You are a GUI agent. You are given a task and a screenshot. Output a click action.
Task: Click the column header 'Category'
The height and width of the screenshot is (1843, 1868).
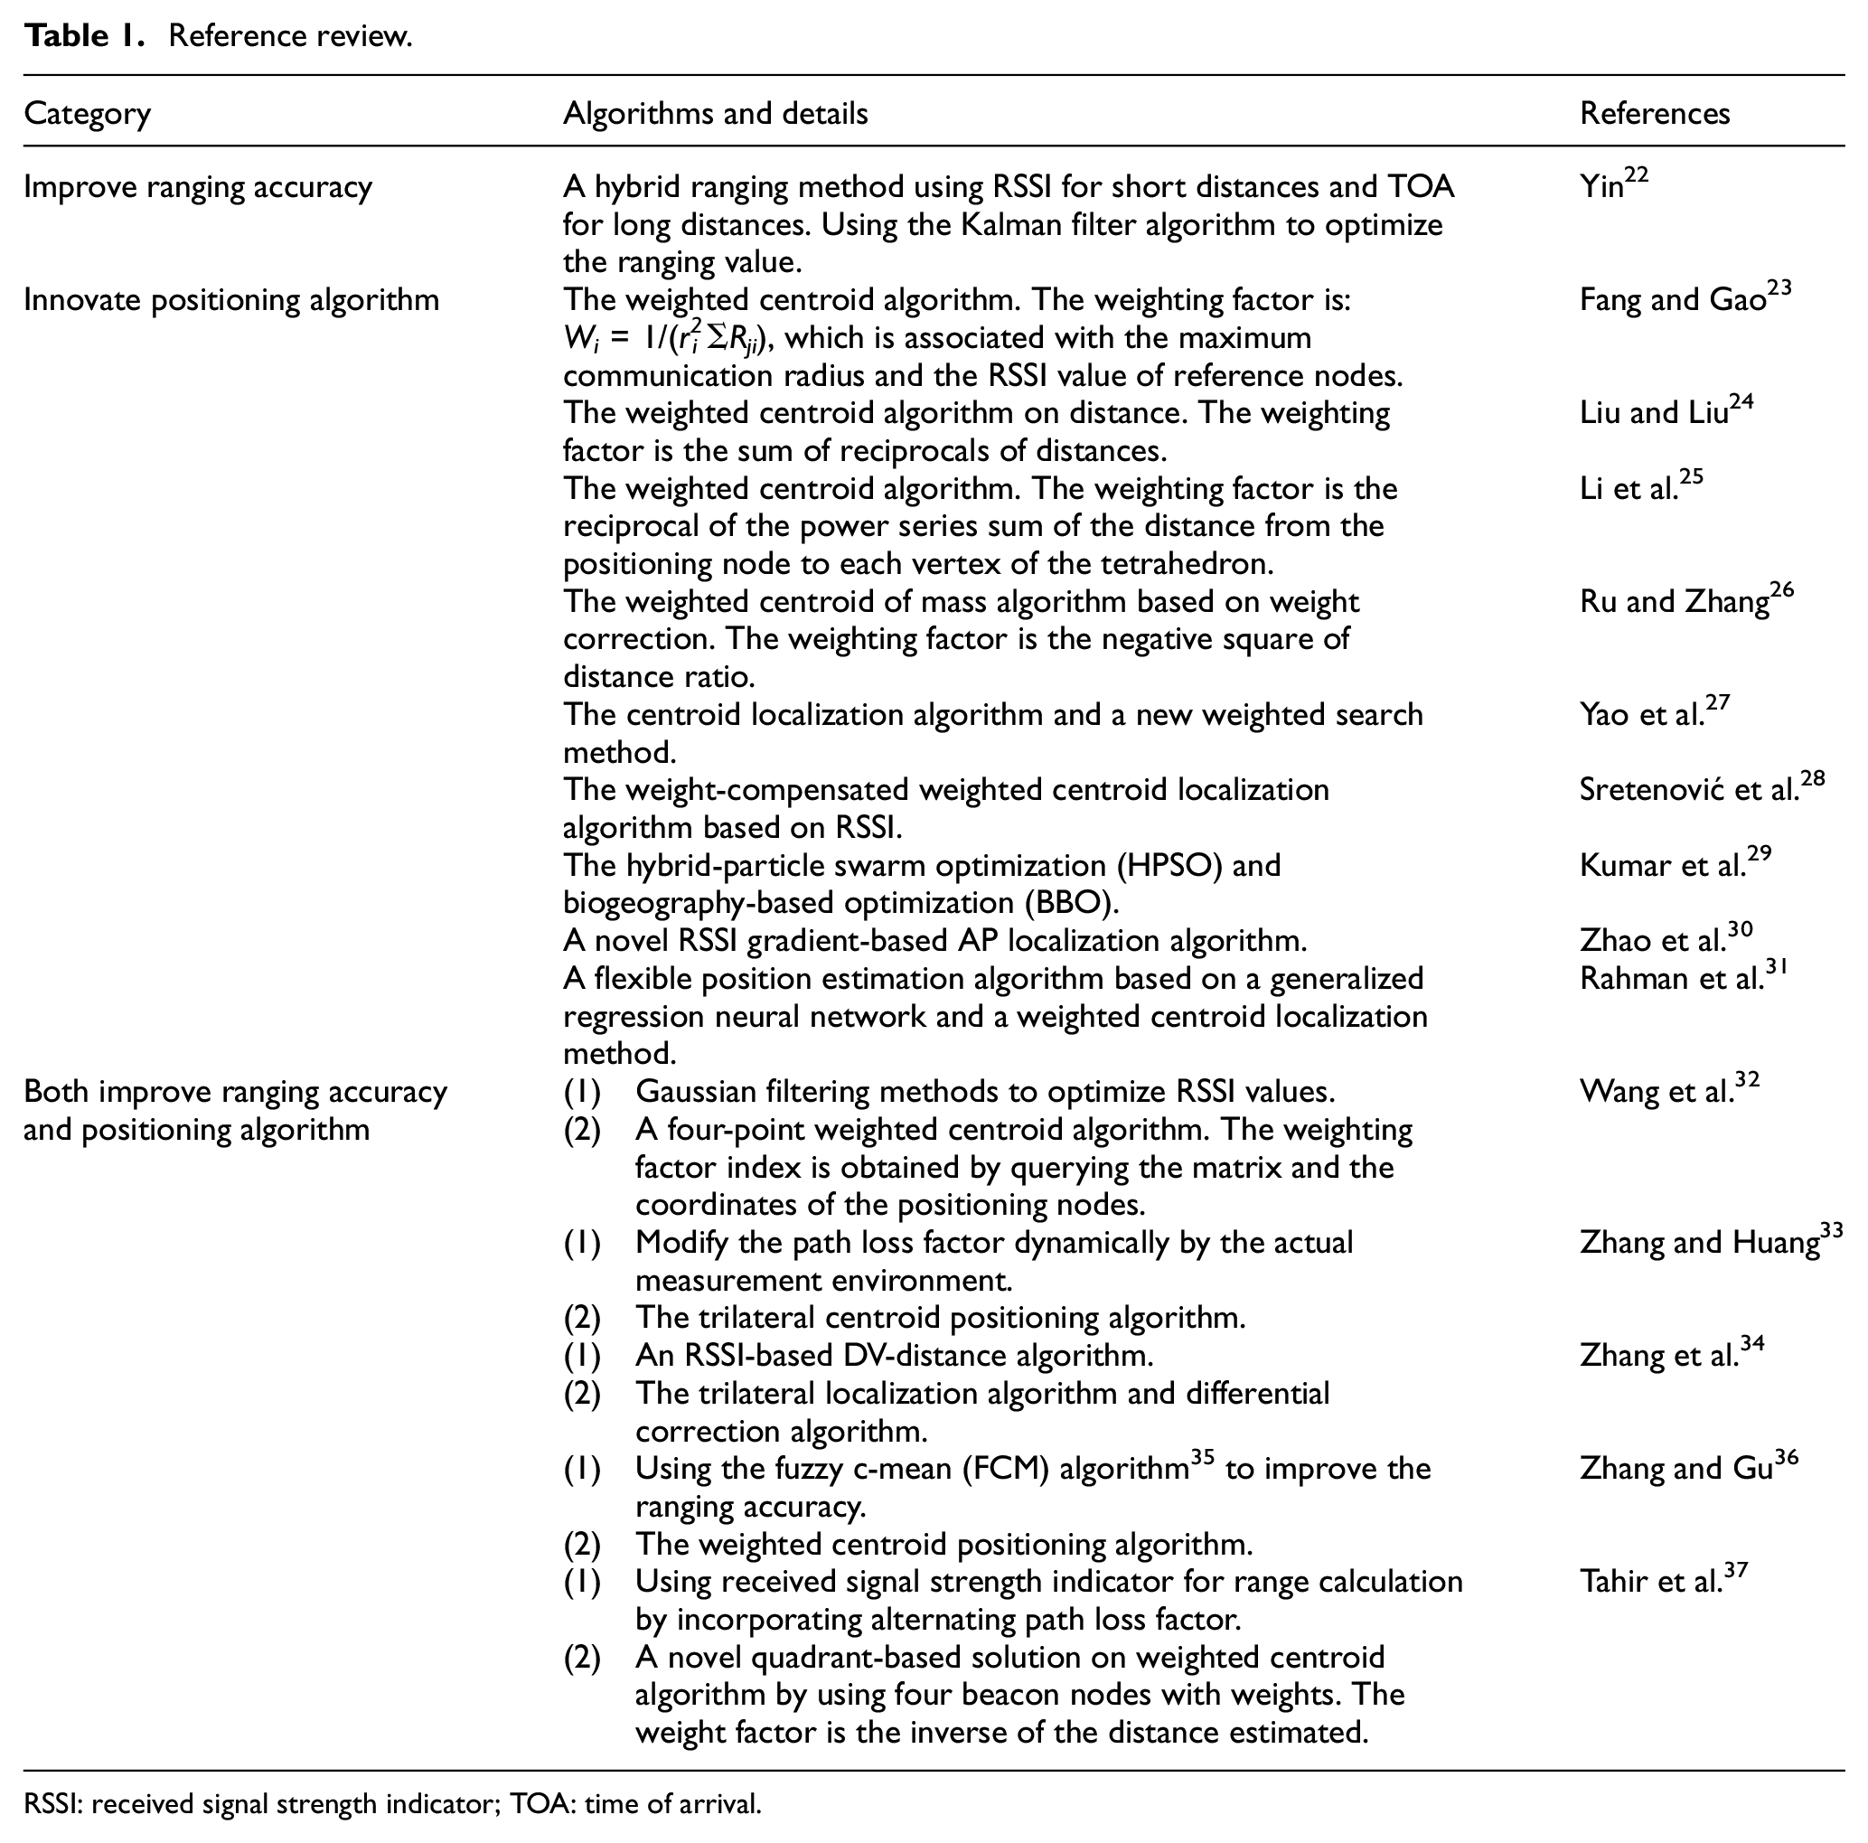pos(87,114)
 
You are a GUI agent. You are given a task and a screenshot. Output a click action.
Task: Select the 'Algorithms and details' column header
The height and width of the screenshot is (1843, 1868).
pos(716,114)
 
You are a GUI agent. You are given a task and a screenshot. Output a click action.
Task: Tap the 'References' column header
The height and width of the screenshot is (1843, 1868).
pos(1655,114)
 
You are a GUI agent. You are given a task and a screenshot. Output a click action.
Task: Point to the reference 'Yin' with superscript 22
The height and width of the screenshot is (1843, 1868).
pos(1613,183)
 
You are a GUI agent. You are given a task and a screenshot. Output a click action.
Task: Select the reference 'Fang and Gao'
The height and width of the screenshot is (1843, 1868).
pos(1685,297)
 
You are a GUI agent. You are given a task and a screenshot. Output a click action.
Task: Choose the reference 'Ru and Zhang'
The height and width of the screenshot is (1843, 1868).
pos(1685,599)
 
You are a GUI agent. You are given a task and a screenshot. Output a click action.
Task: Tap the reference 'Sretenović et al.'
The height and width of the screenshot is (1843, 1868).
pos(1701,788)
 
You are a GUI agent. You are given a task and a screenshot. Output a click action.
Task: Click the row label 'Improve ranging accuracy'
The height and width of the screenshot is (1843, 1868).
pos(198,186)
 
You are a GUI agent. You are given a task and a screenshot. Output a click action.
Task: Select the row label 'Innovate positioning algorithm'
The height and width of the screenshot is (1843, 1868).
pos(231,300)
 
